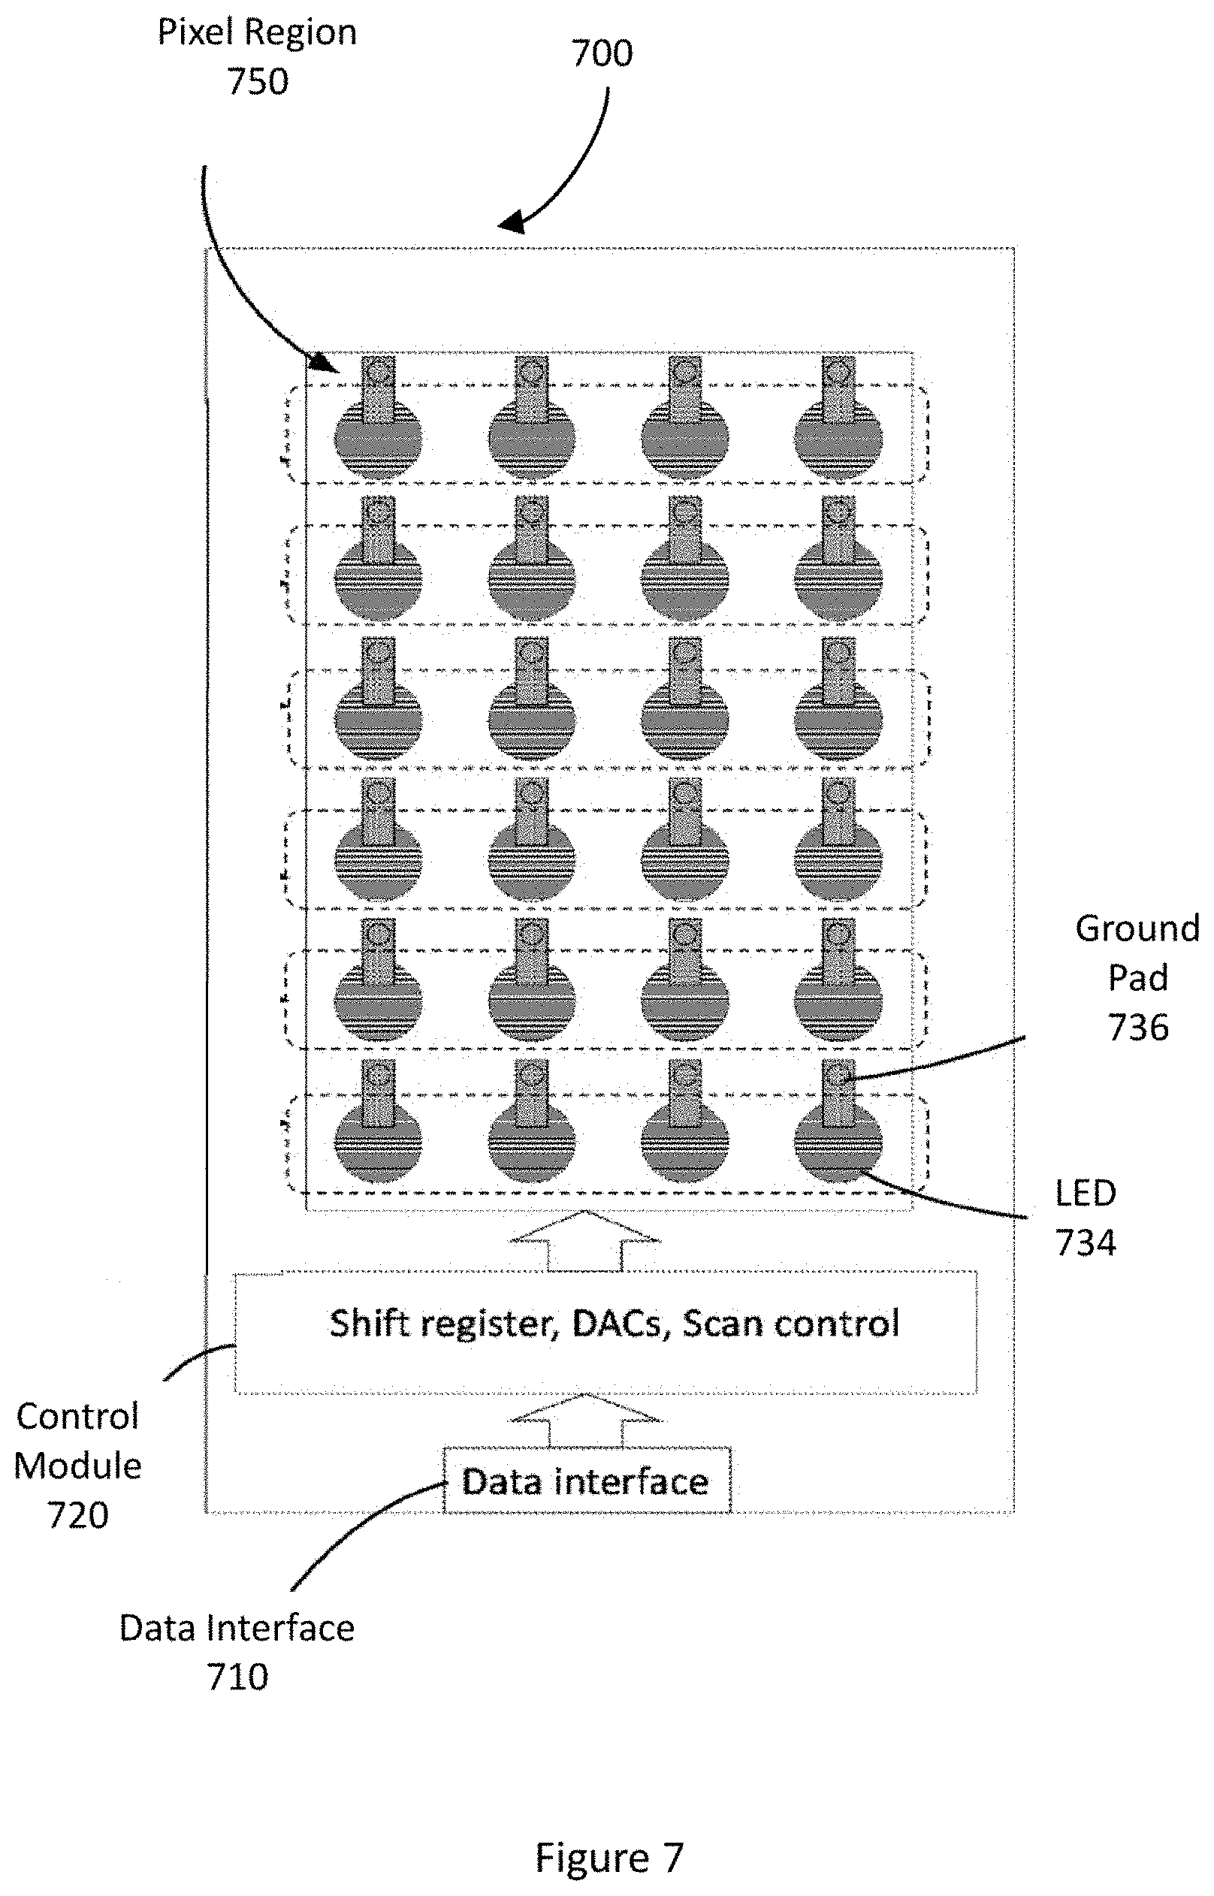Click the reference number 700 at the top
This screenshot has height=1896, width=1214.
[602, 53]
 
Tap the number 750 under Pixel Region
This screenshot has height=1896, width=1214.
[258, 82]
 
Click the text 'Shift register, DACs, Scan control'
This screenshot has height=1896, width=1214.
[614, 1323]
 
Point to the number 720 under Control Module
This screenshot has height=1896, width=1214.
[78, 1515]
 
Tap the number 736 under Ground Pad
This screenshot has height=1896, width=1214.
[1137, 1028]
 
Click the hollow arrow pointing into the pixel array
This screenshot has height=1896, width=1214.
[585, 1242]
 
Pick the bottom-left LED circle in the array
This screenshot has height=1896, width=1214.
[379, 1140]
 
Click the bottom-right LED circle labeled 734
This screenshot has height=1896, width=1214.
[838, 1140]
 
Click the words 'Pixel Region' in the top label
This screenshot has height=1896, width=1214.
[257, 33]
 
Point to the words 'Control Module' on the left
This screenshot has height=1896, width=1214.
[77, 1442]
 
